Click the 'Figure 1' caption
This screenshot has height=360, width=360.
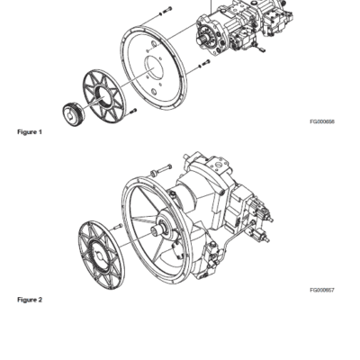(x=30, y=132)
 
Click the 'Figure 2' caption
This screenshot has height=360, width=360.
(x=30, y=300)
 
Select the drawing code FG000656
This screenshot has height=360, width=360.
(x=321, y=121)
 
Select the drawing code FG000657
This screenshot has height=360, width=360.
(x=321, y=291)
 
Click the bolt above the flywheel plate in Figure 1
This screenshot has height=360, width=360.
(x=164, y=11)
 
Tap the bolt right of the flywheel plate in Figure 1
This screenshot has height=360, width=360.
(x=204, y=65)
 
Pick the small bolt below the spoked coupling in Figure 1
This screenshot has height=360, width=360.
(x=131, y=111)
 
